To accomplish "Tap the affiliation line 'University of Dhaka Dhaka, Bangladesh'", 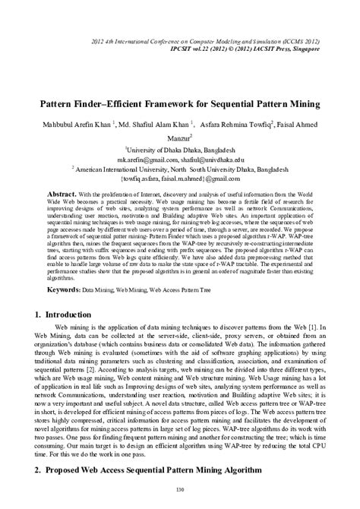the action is (x=180, y=151).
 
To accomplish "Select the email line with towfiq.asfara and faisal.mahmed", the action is (x=180, y=179).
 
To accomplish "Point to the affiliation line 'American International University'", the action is (x=180, y=169).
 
